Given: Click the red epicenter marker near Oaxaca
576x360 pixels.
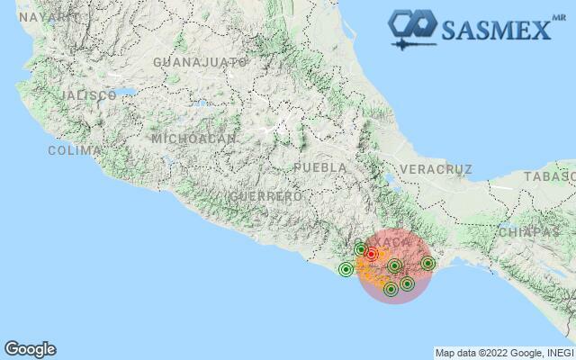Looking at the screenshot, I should pyautogui.click(x=371, y=255).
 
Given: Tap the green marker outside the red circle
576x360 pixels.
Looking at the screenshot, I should pyautogui.click(x=346, y=269).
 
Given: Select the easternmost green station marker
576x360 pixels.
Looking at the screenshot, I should pyautogui.click(x=427, y=264).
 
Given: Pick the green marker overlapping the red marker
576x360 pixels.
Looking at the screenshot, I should pyautogui.click(x=361, y=249).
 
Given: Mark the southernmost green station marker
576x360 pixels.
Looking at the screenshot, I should pyautogui.click(x=391, y=289).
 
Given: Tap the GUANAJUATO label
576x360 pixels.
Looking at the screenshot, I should pyautogui.click(x=201, y=62).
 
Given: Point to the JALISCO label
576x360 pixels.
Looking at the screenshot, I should pyautogui.click(x=88, y=94).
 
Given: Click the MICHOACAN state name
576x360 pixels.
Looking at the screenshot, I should pyautogui.click(x=193, y=139).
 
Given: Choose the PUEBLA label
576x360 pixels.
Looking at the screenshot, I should pyautogui.click(x=319, y=167).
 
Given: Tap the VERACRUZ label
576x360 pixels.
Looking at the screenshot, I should pyautogui.click(x=436, y=169).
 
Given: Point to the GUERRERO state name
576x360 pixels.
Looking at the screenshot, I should pyautogui.click(x=265, y=195).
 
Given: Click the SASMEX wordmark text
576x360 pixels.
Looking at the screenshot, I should pyautogui.click(x=495, y=30).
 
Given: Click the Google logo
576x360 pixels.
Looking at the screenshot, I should pyautogui.click(x=30, y=349).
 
